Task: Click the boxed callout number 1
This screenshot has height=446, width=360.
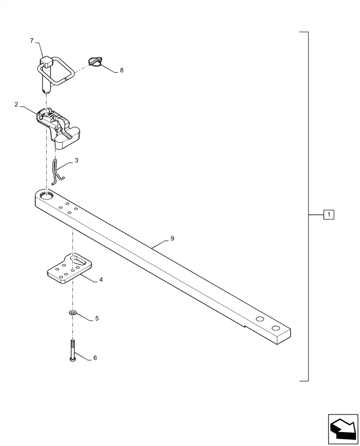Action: coord(329,215)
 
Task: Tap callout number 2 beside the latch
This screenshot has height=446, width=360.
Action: coord(16,104)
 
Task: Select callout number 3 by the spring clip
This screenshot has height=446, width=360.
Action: coord(76,160)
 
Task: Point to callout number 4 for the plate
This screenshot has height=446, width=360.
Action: coord(101,280)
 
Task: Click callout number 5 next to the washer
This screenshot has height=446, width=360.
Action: coord(97,318)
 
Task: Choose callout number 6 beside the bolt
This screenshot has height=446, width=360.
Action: coord(95,358)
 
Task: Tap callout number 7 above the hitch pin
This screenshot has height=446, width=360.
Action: coord(32,41)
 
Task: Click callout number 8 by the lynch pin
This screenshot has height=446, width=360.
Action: coord(122,70)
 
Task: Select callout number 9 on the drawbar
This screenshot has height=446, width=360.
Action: coord(172,239)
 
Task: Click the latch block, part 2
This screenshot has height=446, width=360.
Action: coord(62,129)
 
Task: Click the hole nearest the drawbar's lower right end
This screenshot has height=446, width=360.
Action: coord(276,329)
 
